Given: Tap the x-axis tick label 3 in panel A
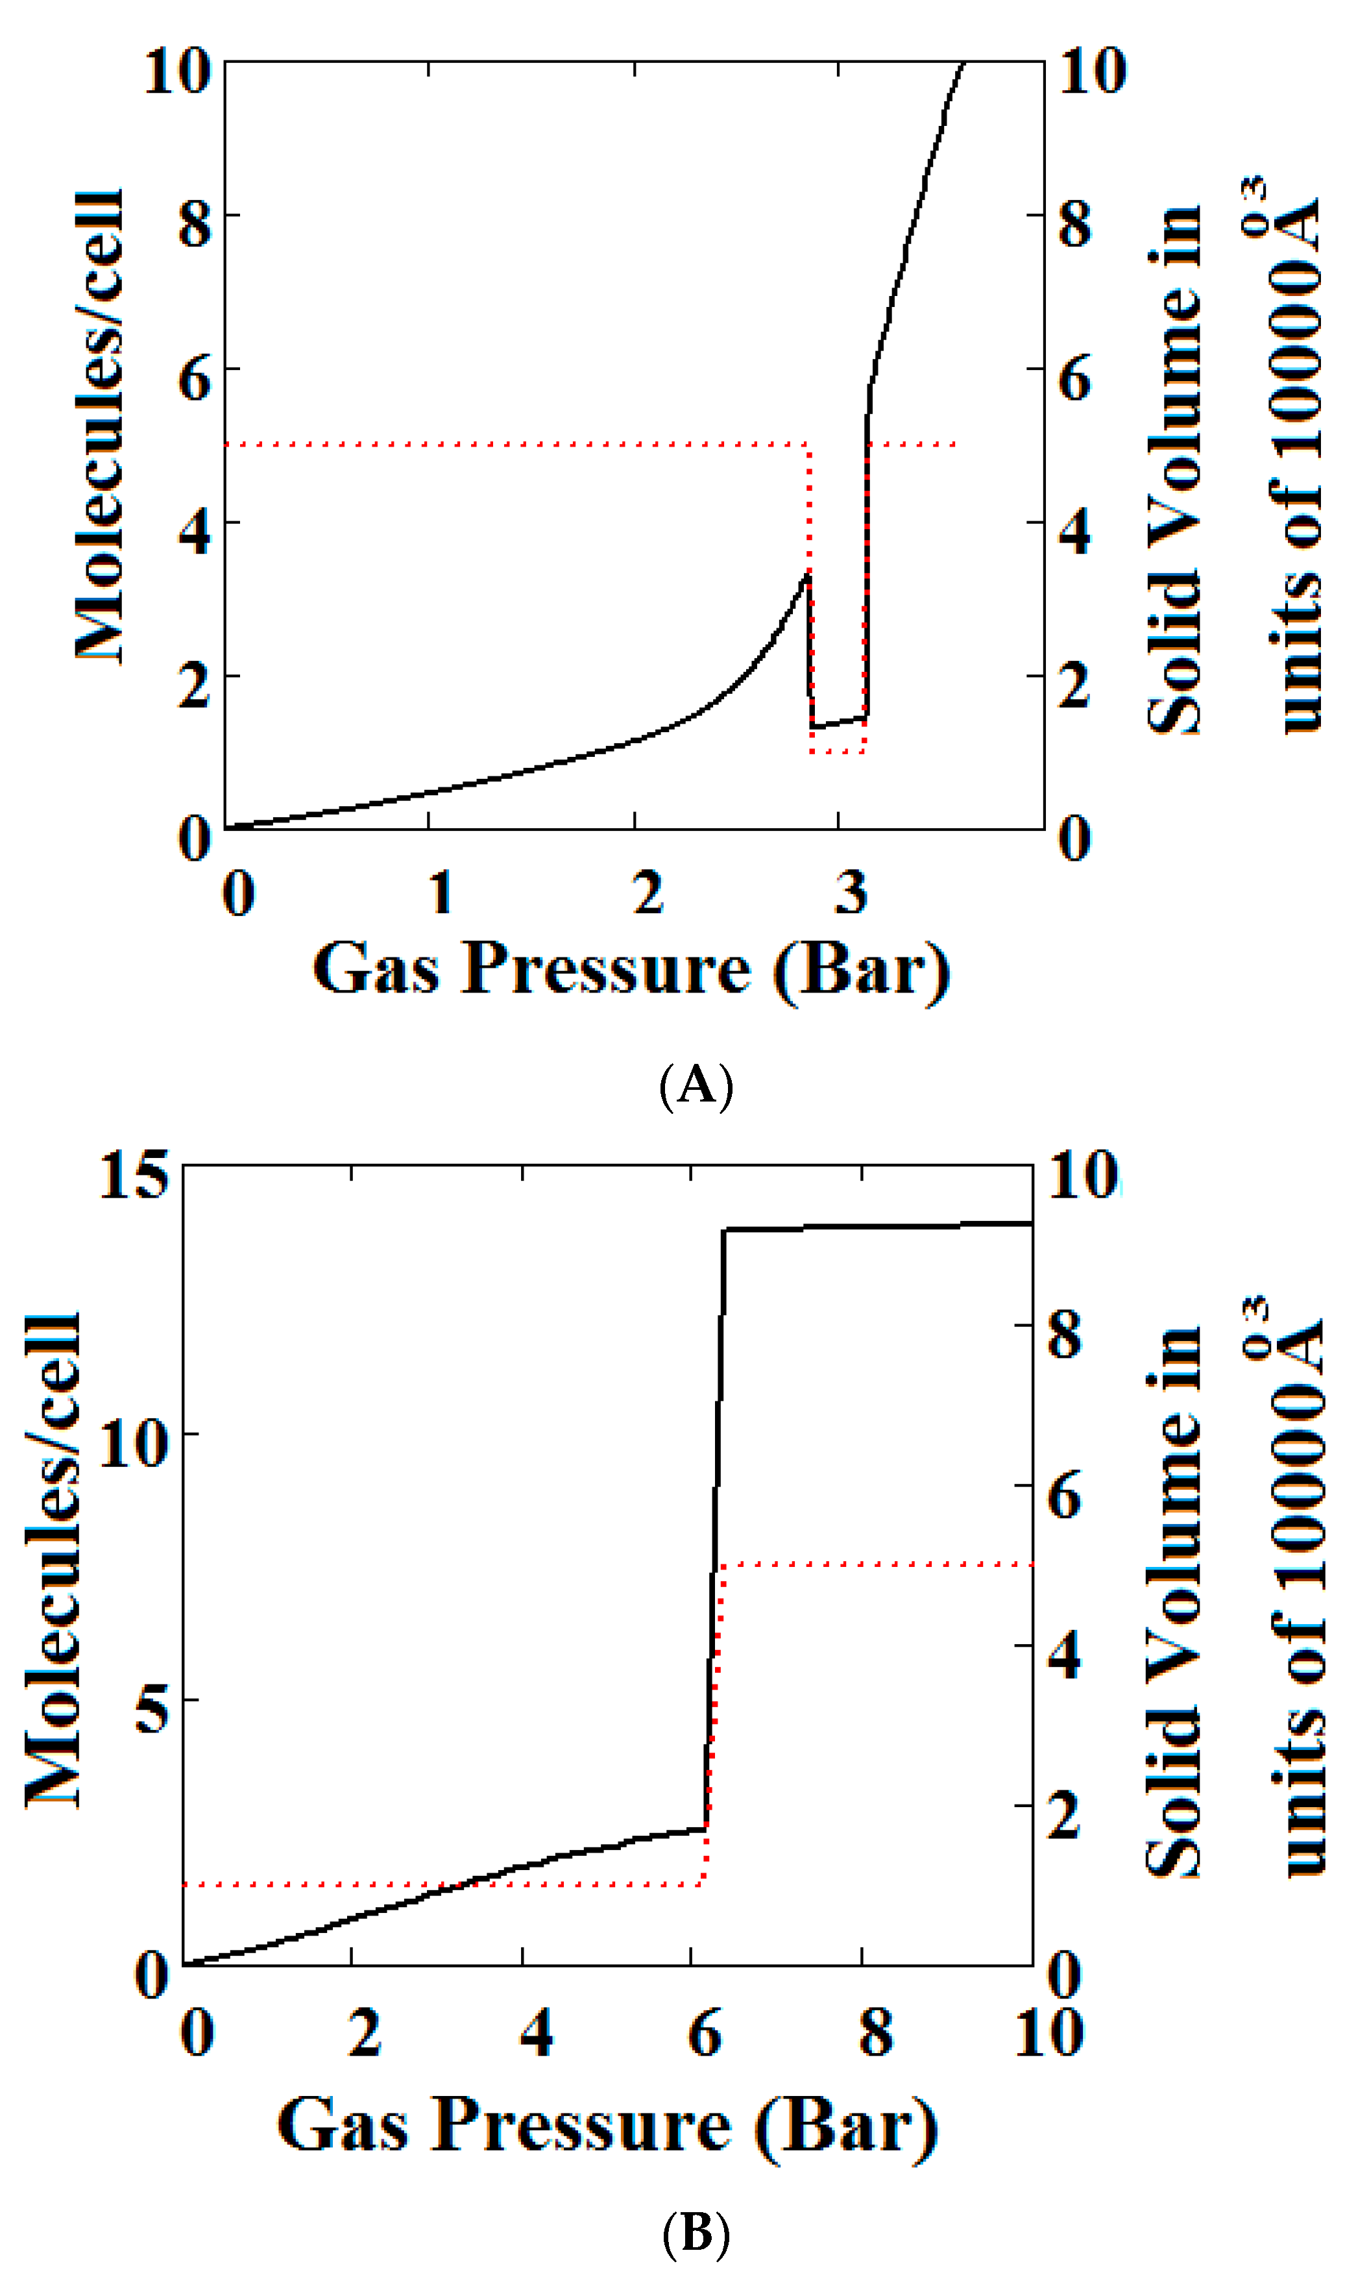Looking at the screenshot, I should (x=851, y=893).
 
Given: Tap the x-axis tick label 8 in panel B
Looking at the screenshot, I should (x=875, y=2034).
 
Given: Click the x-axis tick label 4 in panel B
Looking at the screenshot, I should (x=536, y=2034).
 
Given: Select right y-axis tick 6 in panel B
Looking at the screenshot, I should (x=1065, y=1496).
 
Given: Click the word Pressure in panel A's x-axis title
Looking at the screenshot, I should (x=606, y=969).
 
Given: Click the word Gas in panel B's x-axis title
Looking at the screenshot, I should (x=343, y=2125).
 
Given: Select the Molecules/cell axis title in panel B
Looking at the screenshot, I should (x=53, y=1559).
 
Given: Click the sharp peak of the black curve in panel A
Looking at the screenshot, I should (x=807, y=575).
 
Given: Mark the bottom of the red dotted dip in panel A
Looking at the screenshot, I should (x=838, y=752).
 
